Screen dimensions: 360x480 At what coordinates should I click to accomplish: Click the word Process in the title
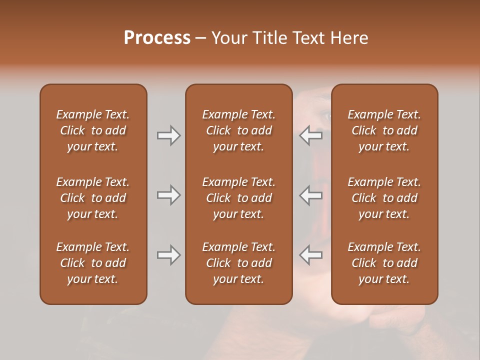pyautogui.click(x=157, y=38)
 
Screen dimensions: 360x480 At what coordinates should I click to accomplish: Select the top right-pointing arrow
pyautogui.click(x=168, y=135)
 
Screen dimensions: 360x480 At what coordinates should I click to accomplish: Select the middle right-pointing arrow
pyautogui.click(x=168, y=195)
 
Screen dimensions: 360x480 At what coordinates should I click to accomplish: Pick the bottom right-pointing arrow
pyautogui.click(x=168, y=255)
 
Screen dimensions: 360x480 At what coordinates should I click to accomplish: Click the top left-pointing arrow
pyautogui.click(x=310, y=135)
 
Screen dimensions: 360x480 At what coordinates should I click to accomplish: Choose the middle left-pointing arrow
pyautogui.click(x=310, y=195)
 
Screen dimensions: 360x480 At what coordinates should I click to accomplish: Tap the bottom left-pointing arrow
pyautogui.click(x=310, y=255)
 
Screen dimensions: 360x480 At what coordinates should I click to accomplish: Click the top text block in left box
pyautogui.click(x=93, y=130)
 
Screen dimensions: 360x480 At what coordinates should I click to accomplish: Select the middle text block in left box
pyautogui.click(x=93, y=198)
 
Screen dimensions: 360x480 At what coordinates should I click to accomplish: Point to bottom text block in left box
pyautogui.click(x=93, y=263)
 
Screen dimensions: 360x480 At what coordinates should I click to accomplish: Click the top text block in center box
pyautogui.click(x=238, y=130)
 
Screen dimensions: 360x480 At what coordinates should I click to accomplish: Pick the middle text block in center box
pyautogui.click(x=238, y=198)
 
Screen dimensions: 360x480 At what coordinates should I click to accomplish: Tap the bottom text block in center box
pyautogui.click(x=238, y=263)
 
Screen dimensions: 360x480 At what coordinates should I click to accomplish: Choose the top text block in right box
pyautogui.click(x=384, y=130)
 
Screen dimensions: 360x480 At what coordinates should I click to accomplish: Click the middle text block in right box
pyautogui.click(x=384, y=198)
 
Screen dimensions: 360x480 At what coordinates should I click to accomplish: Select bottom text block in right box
pyautogui.click(x=384, y=263)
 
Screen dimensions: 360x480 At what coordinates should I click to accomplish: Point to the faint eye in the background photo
pyautogui.click(x=325, y=116)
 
